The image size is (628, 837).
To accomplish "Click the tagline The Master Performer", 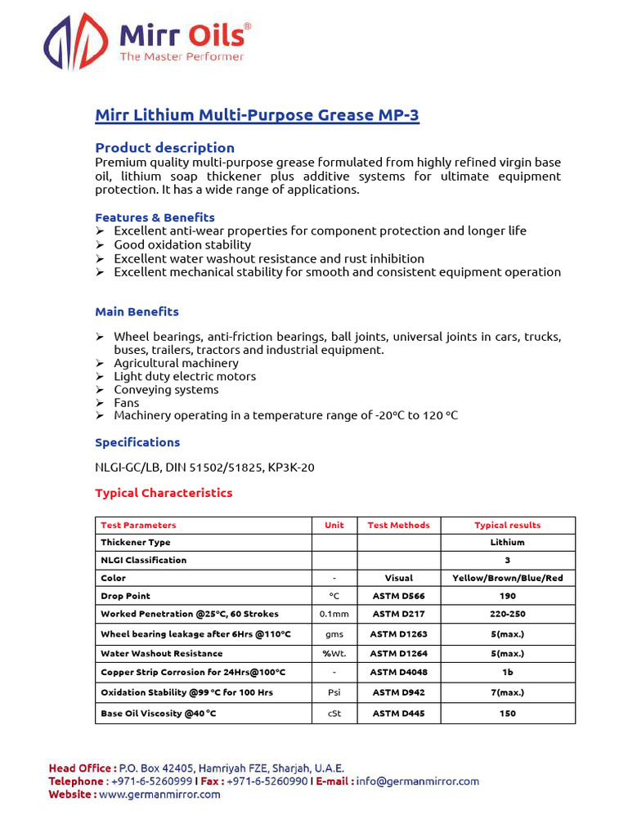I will pos(182,57).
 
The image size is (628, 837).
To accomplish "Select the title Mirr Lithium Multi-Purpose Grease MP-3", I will pos(257,115).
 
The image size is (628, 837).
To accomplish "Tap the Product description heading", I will pos(164,148).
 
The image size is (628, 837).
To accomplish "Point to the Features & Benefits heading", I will pos(155,217).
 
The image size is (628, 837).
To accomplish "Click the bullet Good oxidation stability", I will pos(182,244).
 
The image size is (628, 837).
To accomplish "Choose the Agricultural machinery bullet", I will pos(176,363).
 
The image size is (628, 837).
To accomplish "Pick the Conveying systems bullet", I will pos(166,389).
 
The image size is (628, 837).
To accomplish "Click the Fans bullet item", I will pos(127,402).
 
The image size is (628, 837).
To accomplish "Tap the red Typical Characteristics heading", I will pos(164,493).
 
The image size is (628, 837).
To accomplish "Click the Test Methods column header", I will pos(398,525).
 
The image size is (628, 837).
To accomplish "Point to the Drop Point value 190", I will pos(508,596).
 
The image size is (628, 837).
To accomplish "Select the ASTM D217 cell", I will pos(398,614).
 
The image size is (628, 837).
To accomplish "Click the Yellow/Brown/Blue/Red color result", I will pos(508,578).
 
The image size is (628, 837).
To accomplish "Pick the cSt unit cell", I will pos(334,714).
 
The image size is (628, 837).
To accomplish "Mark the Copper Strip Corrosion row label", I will pos(192,672).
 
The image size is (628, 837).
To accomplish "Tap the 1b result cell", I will pos(508,672).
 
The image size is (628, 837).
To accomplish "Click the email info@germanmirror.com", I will pos(417,781).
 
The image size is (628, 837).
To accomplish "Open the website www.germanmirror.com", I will pos(159,794).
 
